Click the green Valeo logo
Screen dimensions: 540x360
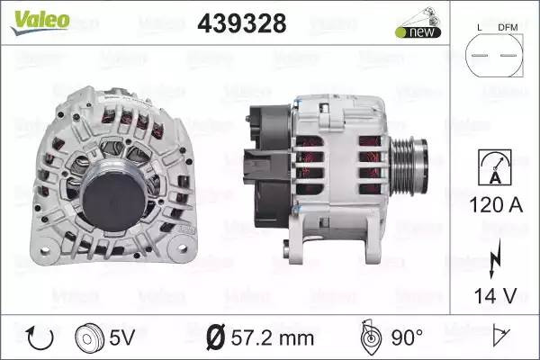[x=40, y=22]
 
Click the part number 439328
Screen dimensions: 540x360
[x=242, y=23]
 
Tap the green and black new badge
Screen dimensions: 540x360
[x=418, y=32]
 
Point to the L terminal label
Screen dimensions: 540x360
[x=480, y=28]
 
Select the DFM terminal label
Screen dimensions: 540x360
[x=508, y=28]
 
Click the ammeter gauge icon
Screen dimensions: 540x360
[x=495, y=167]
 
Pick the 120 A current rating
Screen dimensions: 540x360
[x=496, y=205]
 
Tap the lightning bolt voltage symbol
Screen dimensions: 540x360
[x=495, y=257]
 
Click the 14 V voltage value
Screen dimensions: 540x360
[x=496, y=295]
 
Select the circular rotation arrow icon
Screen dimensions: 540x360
[x=40, y=338]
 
